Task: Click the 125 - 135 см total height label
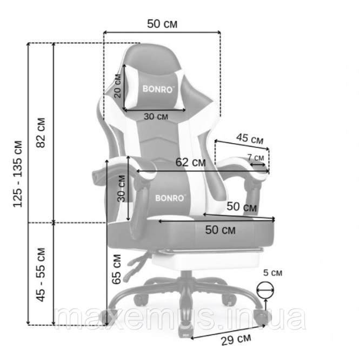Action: coord(18,174)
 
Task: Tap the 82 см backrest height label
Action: coord(41,133)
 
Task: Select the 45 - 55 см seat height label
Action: coord(41,274)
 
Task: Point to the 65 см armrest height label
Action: coord(117,269)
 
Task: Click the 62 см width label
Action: coord(190,162)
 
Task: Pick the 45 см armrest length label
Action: coord(250,139)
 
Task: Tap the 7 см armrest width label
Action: coord(256,157)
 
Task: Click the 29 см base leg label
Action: coord(236,340)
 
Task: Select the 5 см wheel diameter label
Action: coord(273,273)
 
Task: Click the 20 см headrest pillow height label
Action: coord(118,86)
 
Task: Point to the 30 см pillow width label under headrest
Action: coord(156,116)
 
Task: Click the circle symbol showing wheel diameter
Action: coord(265,290)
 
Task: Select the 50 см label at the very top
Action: coord(162,24)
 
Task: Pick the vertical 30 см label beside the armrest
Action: coord(121,189)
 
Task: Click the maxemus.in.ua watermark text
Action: coord(180,318)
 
